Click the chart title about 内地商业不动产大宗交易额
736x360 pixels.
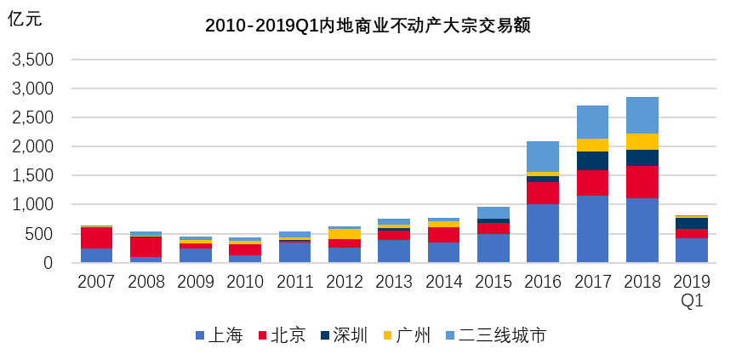pos(368,26)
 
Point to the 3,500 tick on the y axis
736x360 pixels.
pos(32,60)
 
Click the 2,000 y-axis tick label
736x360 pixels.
pos(32,147)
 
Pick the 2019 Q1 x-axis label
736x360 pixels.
pos(692,290)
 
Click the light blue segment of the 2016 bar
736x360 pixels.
pos(543,157)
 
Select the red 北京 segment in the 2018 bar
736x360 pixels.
pos(642,182)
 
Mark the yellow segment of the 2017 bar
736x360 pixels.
pos(592,145)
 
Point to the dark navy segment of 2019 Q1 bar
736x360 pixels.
pos(692,223)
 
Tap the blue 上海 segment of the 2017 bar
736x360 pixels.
pos(592,229)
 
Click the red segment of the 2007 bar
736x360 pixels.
pos(96,237)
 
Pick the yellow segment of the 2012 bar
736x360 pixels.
pos(345,234)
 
